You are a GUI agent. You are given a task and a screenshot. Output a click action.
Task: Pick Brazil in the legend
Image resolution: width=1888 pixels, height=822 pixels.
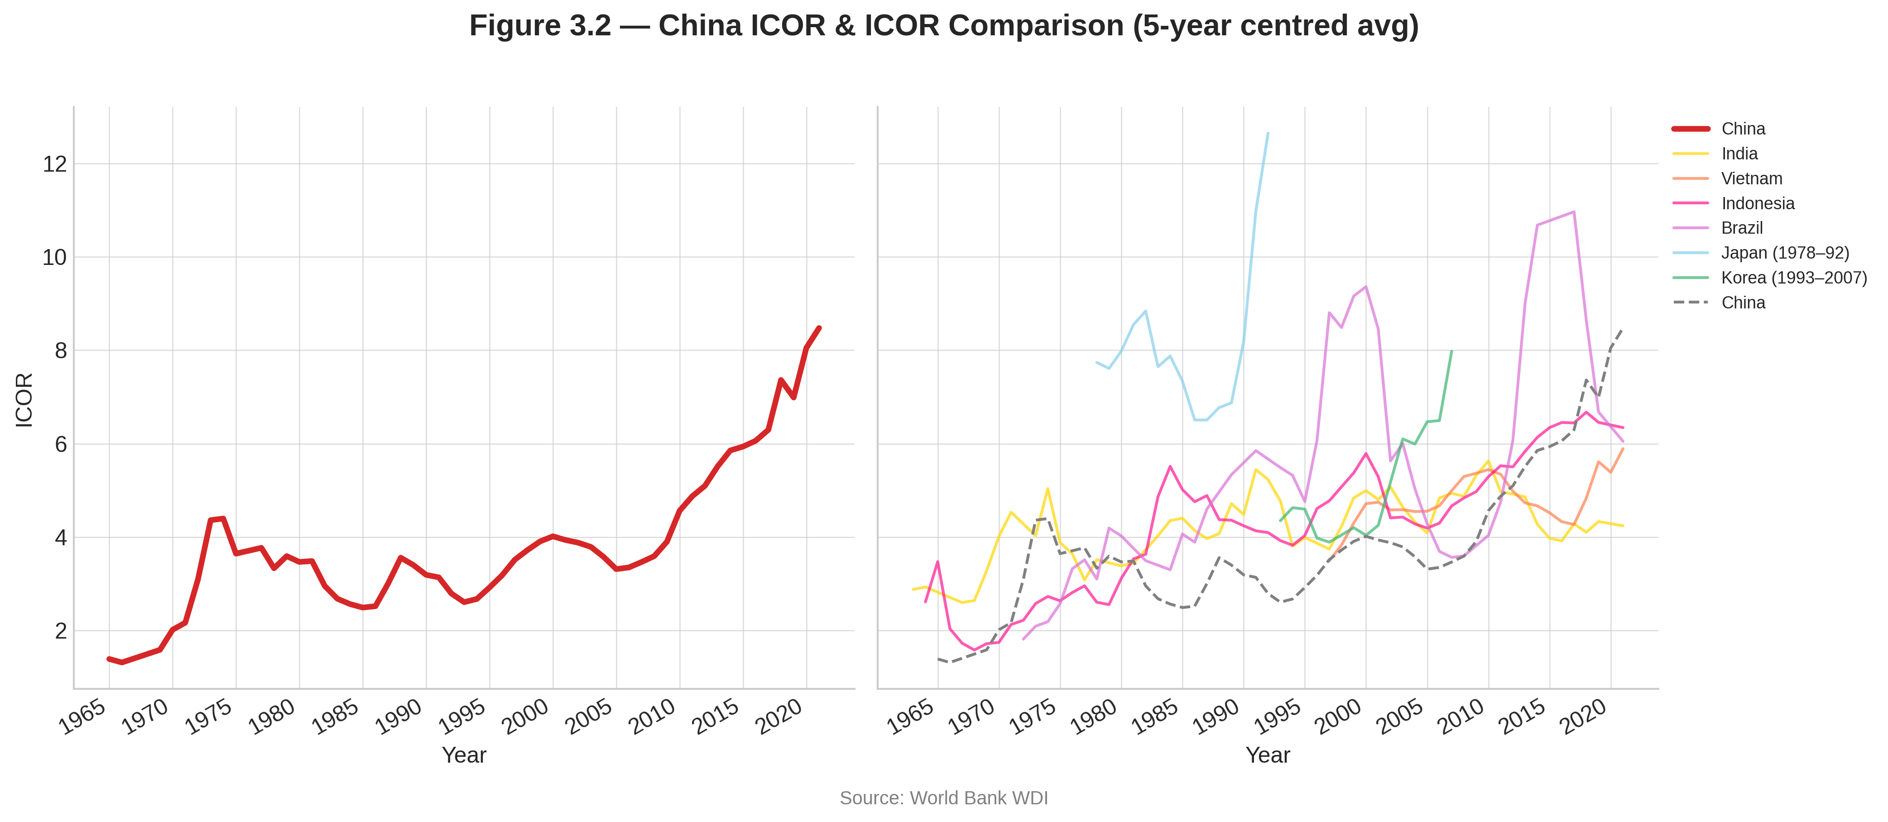(x=1741, y=228)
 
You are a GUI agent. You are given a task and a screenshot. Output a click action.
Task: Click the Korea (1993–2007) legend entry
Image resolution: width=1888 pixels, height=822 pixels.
(x=1793, y=278)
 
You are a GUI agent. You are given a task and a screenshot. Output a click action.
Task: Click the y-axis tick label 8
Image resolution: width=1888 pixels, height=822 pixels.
(x=60, y=351)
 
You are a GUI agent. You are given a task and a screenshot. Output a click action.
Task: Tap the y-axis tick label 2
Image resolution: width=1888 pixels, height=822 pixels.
(x=60, y=630)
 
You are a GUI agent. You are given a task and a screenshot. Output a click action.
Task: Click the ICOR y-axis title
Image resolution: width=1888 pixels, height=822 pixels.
(x=24, y=399)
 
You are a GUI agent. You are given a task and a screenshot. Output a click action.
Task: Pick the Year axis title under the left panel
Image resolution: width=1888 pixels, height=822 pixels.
(x=464, y=755)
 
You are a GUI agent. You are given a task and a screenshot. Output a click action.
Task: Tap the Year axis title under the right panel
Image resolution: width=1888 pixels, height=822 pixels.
(x=1268, y=755)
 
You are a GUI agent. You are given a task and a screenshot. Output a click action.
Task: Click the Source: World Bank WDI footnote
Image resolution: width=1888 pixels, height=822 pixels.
(x=943, y=798)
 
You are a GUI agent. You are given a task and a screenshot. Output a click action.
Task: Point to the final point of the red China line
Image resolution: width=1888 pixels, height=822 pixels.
(x=819, y=328)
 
